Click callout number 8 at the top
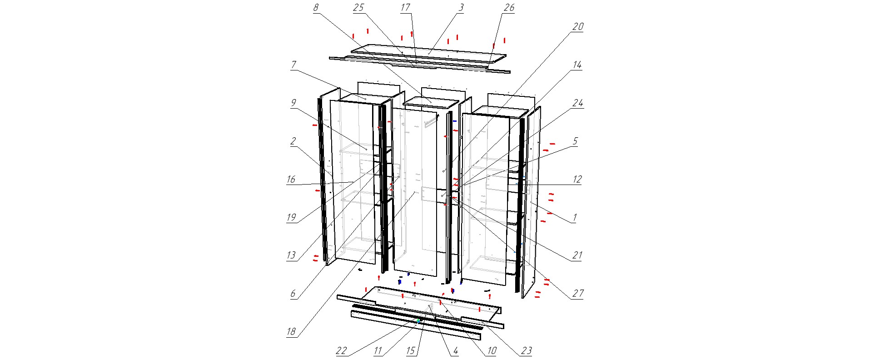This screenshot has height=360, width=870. click(316, 8)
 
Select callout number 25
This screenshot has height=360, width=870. click(359, 8)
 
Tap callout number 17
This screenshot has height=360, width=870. click(405, 8)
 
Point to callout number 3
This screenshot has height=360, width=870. click(461, 8)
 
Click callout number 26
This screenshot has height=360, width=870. click(509, 8)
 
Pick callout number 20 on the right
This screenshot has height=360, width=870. click(577, 27)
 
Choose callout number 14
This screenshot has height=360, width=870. click(577, 65)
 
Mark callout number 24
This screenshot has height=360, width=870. click(577, 103)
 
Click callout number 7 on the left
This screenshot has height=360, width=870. click(293, 65)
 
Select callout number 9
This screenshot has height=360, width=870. click(293, 103)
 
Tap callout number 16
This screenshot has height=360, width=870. click(291, 180)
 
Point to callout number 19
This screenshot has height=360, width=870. click(291, 218)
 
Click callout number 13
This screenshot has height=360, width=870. click(291, 255)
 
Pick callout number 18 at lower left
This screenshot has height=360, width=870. click(291, 332)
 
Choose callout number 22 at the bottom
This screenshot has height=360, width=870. click(341, 351)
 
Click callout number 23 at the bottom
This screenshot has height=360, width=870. click(527, 351)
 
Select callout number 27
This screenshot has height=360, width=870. click(577, 294)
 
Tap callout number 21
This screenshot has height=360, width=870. click(577, 255)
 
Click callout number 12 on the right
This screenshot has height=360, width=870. click(577, 180)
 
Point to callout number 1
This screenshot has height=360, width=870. click(575, 218)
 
